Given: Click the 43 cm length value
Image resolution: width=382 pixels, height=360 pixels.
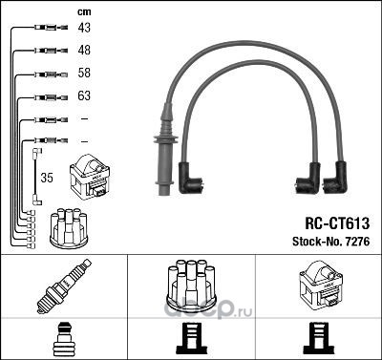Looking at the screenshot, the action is [x=84, y=28].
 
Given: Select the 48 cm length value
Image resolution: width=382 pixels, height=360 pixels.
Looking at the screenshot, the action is [x=84, y=50].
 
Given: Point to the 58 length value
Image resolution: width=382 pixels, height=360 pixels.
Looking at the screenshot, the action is [x=84, y=73].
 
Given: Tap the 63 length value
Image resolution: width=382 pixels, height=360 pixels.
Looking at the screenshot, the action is [x=84, y=95].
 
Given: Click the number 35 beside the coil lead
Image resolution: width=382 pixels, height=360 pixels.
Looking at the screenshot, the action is [x=47, y=178].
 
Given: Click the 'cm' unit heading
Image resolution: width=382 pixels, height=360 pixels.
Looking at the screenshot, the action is [x=84, y=12].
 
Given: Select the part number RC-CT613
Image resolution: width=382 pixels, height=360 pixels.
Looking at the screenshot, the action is [x=337, y=223].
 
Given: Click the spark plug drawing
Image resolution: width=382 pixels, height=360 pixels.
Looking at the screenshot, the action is [x=63, y=286].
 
